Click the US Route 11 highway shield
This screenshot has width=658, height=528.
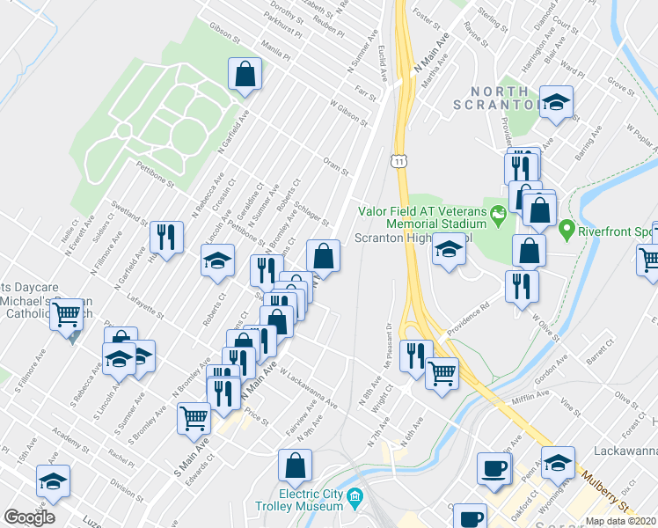[x=399, y=161]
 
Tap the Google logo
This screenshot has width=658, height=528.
[x=29, y=517]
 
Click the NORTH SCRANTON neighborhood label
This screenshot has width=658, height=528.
[x=500, y=97]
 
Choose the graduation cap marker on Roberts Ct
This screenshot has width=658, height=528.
[x=217, y=260]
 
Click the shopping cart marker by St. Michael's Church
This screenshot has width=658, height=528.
[x=66, y=316]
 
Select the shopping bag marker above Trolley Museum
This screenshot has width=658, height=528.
[x=296, y=466]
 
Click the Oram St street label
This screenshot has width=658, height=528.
[x=336, y=166]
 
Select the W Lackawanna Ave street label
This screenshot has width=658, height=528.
[x=308, y=387]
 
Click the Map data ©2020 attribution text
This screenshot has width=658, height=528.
[x=620, y=521]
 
